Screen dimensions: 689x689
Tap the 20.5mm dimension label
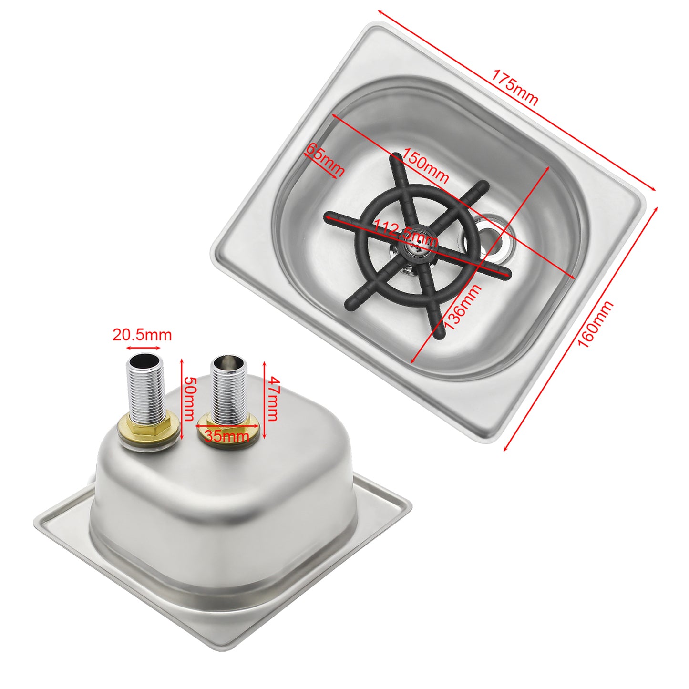tap(142, 335)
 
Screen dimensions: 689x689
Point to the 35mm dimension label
tap(227, 436)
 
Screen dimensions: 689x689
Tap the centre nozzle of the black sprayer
tap(415, 247)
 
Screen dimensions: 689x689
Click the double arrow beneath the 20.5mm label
tap(143, 348)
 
